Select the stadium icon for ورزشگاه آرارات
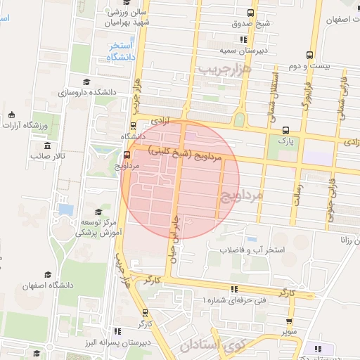pyautogui.click(x=11, y=115)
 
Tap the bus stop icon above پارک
pyautogui.click(x=285, y=130)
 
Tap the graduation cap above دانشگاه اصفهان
pyautogui.click(x=48, y=275)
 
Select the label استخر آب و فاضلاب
pyautogui.click(x=251, y=250)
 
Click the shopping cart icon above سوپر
pyautogui.click(x=290, y=319)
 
